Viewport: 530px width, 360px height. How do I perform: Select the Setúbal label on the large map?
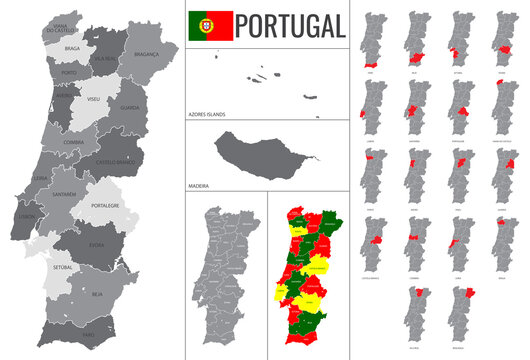point(64,268)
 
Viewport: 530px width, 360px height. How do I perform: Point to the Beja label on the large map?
point(97,296)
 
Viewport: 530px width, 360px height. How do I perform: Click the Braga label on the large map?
point(71,47)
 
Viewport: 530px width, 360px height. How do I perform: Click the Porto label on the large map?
point(68,73)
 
